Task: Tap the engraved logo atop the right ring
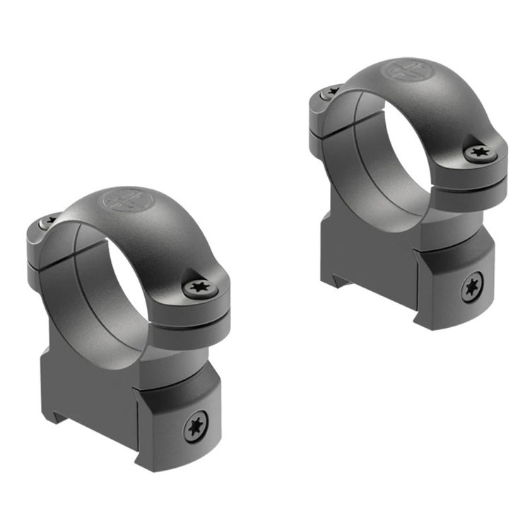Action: tap(402, 71)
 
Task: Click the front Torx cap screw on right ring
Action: tap(475, 153)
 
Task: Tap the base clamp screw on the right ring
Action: tap(471, 288)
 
